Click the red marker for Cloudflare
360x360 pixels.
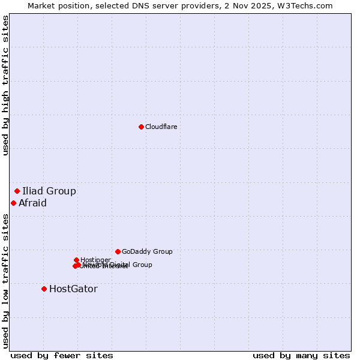tap(141, 127)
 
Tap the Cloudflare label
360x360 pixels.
tap(161, 127)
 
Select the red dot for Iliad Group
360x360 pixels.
tap(17, 191)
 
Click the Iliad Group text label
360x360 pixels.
tap(49, 191)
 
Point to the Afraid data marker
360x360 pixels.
tap(13, 203)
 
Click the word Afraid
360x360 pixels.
tap(32, 203)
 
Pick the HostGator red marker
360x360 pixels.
tap(44, 289)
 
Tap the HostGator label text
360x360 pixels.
tap(73, 289)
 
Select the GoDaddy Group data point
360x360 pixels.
tap(118, 251)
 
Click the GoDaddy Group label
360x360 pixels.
tap(147, 251)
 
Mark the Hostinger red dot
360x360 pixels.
tap(77, 260)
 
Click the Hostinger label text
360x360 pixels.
tap(95, 260)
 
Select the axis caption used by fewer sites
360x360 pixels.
tap(62, 355)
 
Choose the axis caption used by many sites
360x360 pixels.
tap(301, 355)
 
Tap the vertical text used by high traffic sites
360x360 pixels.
tap(5, 85)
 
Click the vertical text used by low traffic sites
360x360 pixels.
tap(5, 281)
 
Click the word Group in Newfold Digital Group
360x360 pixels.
tap(142, 265)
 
